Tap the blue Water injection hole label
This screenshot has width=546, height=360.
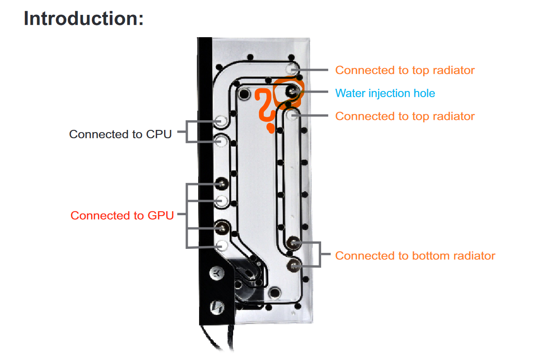[x=385, y=93]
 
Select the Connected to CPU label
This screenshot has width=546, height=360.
[x=120, y=134]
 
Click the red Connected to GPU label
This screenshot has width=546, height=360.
[x=122, y=216]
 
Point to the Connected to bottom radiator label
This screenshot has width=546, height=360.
[x=415, y=256]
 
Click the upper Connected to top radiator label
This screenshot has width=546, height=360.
[x=405, y=70]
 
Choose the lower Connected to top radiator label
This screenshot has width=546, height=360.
[x=405, y=116]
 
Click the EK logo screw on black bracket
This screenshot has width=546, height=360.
[x=217, y=273]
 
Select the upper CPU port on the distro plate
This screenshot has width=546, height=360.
[x=221, y=121]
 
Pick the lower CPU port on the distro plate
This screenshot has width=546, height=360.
[x=221, y=141]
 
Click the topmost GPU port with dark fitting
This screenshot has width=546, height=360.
[x=222, y=184]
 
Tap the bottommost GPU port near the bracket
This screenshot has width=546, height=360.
[x=222, y=245]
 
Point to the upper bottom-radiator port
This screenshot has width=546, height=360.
[x=293, y=242]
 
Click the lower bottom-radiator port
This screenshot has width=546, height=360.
[x=294, y=266]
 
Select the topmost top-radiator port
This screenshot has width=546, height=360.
[x=291, y=69]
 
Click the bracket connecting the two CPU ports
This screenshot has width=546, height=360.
[x=187, y=131]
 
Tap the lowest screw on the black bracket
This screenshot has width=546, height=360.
[x=217, y=308]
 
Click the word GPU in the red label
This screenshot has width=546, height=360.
[x=161, y=216]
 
